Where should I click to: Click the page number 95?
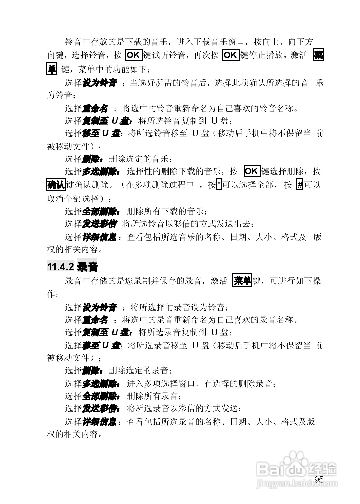click(319, 480)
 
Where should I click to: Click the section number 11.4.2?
click(60, 267)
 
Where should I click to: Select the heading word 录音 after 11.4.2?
click(87, 267)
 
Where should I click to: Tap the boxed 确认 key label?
click(56, 185)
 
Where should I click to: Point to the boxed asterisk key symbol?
click(219, 184)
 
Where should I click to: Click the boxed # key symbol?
click(299, 184)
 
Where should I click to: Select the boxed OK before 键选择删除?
click(252, 171)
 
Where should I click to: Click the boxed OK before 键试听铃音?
click(133, 55)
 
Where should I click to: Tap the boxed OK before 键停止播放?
click(230, 55)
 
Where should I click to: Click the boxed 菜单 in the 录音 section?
click(242, 281)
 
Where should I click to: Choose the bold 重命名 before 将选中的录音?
click(95, 320)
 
